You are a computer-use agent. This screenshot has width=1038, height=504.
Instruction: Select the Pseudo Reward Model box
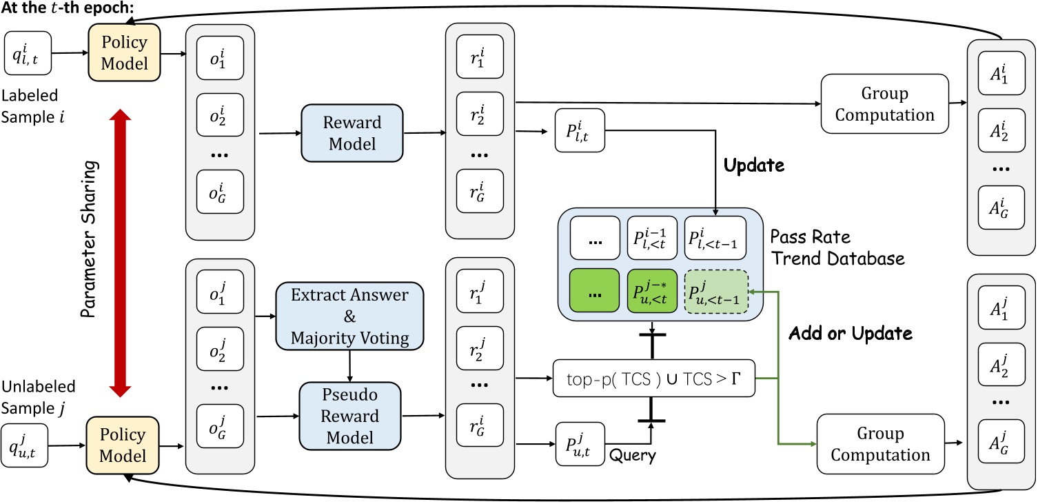coord(339,416)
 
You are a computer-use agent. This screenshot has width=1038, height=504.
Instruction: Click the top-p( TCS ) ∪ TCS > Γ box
coord(653,377)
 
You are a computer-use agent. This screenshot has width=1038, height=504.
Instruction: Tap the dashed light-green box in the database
coord(715,292)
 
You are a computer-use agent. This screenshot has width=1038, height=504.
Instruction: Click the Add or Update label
coord(850,334)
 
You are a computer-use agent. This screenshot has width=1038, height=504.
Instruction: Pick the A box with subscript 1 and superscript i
coord(999,79)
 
